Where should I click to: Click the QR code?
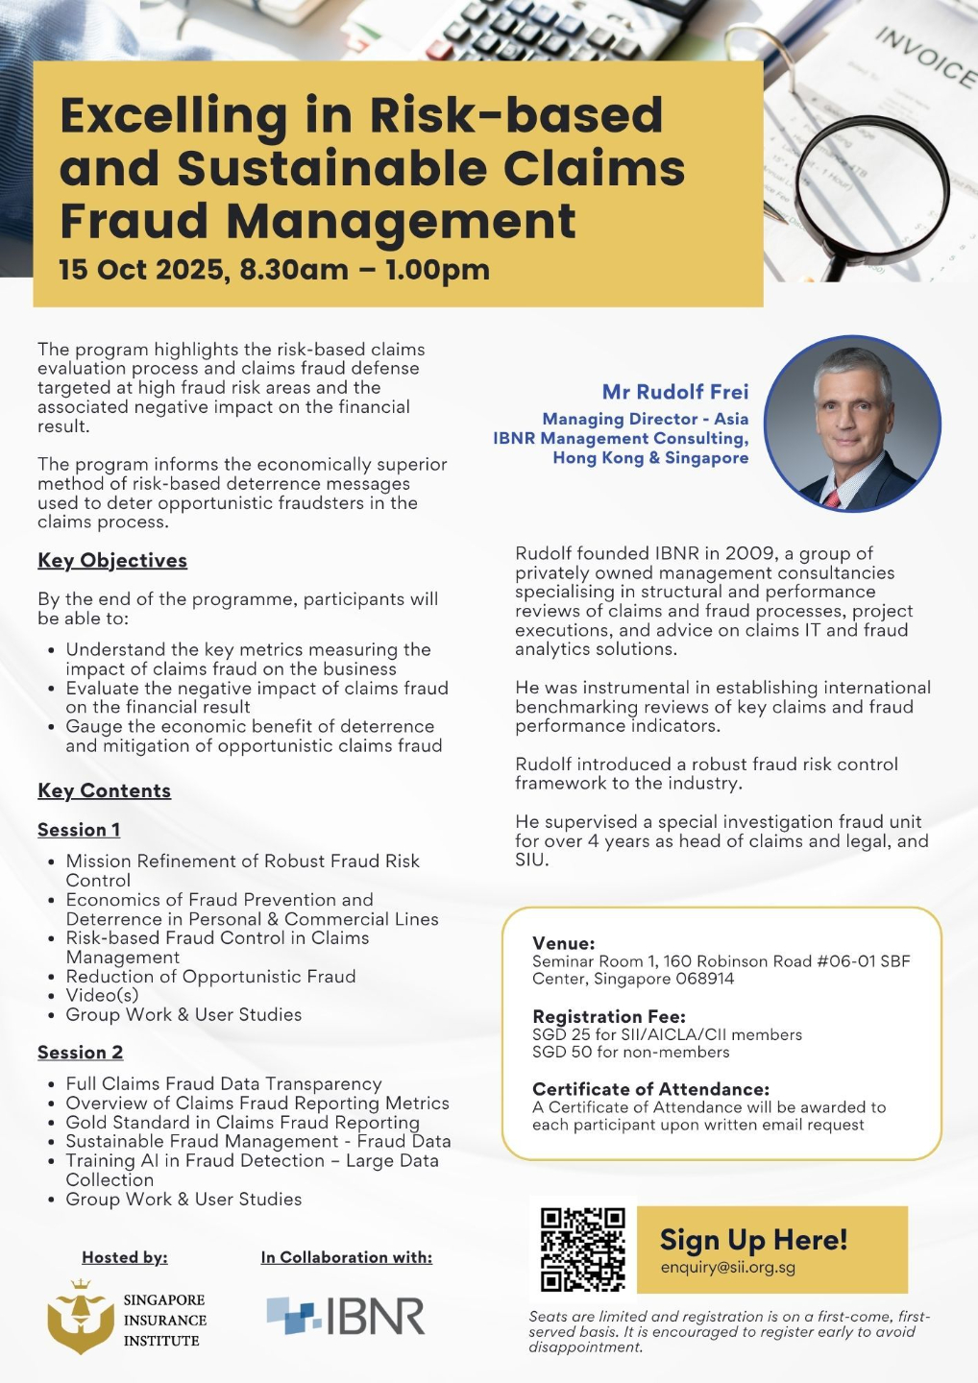click(582, 1249)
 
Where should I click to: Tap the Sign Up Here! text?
click(753, 1240)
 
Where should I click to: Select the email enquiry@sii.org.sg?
click(727, 1268)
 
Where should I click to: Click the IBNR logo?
click(346, 1316)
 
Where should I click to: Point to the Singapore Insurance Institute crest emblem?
click(81, 1317)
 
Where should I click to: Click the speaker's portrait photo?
click(852, 424)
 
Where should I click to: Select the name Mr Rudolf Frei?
click(674, 392)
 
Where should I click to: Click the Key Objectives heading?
click(112, 561)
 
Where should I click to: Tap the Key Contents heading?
click(104, 791)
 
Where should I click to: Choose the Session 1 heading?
click(79, 830)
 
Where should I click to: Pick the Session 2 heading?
click(80, 1053)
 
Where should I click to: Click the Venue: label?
click(564, 943)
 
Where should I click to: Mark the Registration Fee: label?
click(609, 1016)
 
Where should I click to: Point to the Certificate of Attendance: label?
click(650, 1089)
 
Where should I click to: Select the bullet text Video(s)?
click(102, 995)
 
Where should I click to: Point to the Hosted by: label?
click(125, 1257)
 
